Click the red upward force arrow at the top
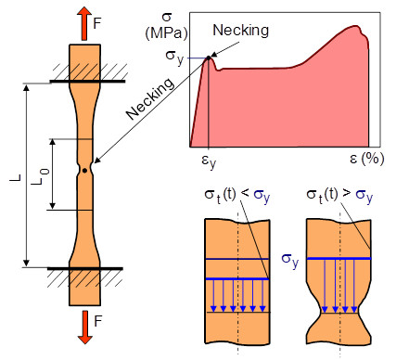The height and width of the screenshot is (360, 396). point(84,23)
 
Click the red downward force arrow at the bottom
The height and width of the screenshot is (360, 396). point(84,328)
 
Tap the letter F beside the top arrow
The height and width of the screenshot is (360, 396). point(97,23)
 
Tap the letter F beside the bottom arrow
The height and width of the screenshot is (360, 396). point(97,321)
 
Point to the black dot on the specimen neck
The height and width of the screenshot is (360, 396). point(84,171)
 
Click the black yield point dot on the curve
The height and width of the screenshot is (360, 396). point(209,58)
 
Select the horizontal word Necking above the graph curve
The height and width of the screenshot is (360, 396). point(241,31)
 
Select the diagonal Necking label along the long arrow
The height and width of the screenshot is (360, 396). point(150,98)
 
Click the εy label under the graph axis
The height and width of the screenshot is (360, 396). point(209,161)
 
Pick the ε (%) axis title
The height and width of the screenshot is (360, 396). point(367,159)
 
